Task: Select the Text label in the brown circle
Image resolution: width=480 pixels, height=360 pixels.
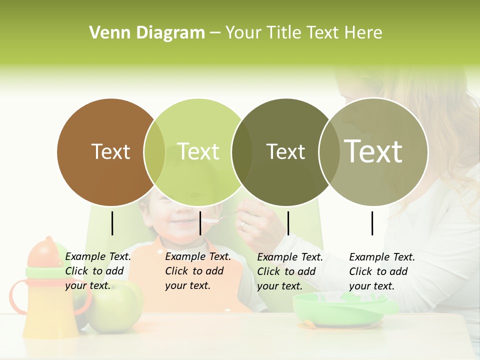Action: coord(111,151)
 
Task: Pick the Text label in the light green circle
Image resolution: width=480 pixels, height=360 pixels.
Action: coord(198,151)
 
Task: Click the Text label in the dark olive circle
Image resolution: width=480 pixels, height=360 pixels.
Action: coord(285,151)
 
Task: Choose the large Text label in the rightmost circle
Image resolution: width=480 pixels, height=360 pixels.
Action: coord(373,151)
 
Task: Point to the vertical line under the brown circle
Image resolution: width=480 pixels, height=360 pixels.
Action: coord(112,223)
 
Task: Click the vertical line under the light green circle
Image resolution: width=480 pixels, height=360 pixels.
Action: coord(200,223)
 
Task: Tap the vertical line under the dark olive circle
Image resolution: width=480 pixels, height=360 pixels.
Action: coord(288,223)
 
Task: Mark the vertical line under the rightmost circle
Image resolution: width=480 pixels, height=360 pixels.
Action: coord(372,223)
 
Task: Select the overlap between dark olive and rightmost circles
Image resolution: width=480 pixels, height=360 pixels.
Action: coord(329,151)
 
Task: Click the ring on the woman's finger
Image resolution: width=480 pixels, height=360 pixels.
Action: coord(242,225)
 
